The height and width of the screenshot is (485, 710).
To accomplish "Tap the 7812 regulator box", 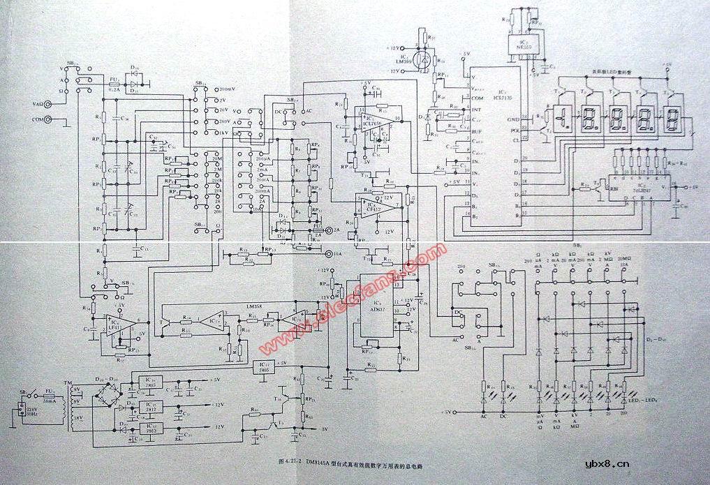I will (151, 407).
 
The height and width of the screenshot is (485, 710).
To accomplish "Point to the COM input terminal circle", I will (49, 120).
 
